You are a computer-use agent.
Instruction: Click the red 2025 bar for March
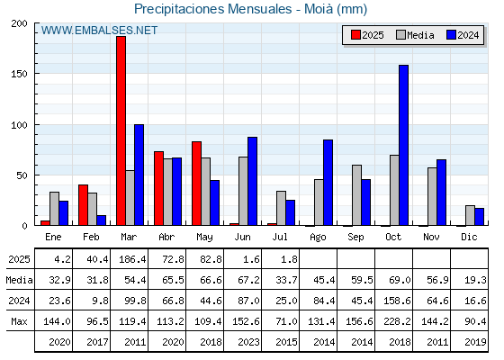click(121, 130)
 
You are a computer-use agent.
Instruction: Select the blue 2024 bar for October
click(404, 145)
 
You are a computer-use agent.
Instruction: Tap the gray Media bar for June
click(243, 191)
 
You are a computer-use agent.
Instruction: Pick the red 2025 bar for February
click(83, 205)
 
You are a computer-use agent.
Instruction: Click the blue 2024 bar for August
click(328, 183)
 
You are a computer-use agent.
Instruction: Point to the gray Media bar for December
click(470, 215)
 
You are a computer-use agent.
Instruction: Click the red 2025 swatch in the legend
click(355, 35)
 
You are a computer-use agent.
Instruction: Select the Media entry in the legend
click(415, 35)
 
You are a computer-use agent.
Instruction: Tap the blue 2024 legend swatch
click(451, 35)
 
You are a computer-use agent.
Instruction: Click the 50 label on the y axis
click(22, 175)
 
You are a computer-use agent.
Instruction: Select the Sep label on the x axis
click(355, 238)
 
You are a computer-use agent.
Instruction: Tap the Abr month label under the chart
click(166, 238)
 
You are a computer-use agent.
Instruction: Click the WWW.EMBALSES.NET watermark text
click(99, 31)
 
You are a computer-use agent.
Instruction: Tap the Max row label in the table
click(19, 321)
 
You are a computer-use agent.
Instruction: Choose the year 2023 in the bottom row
click(248, 342)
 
